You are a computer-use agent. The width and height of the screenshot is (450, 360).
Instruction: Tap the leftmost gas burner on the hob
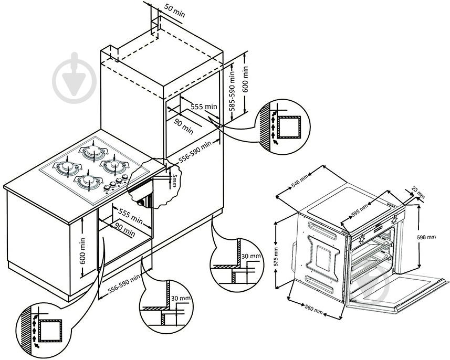(x=67, y=167)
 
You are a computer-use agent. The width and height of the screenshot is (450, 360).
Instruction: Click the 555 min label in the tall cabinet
(x=203, y=107)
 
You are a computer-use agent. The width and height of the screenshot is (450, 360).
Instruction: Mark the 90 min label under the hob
(x=124, y=229)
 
